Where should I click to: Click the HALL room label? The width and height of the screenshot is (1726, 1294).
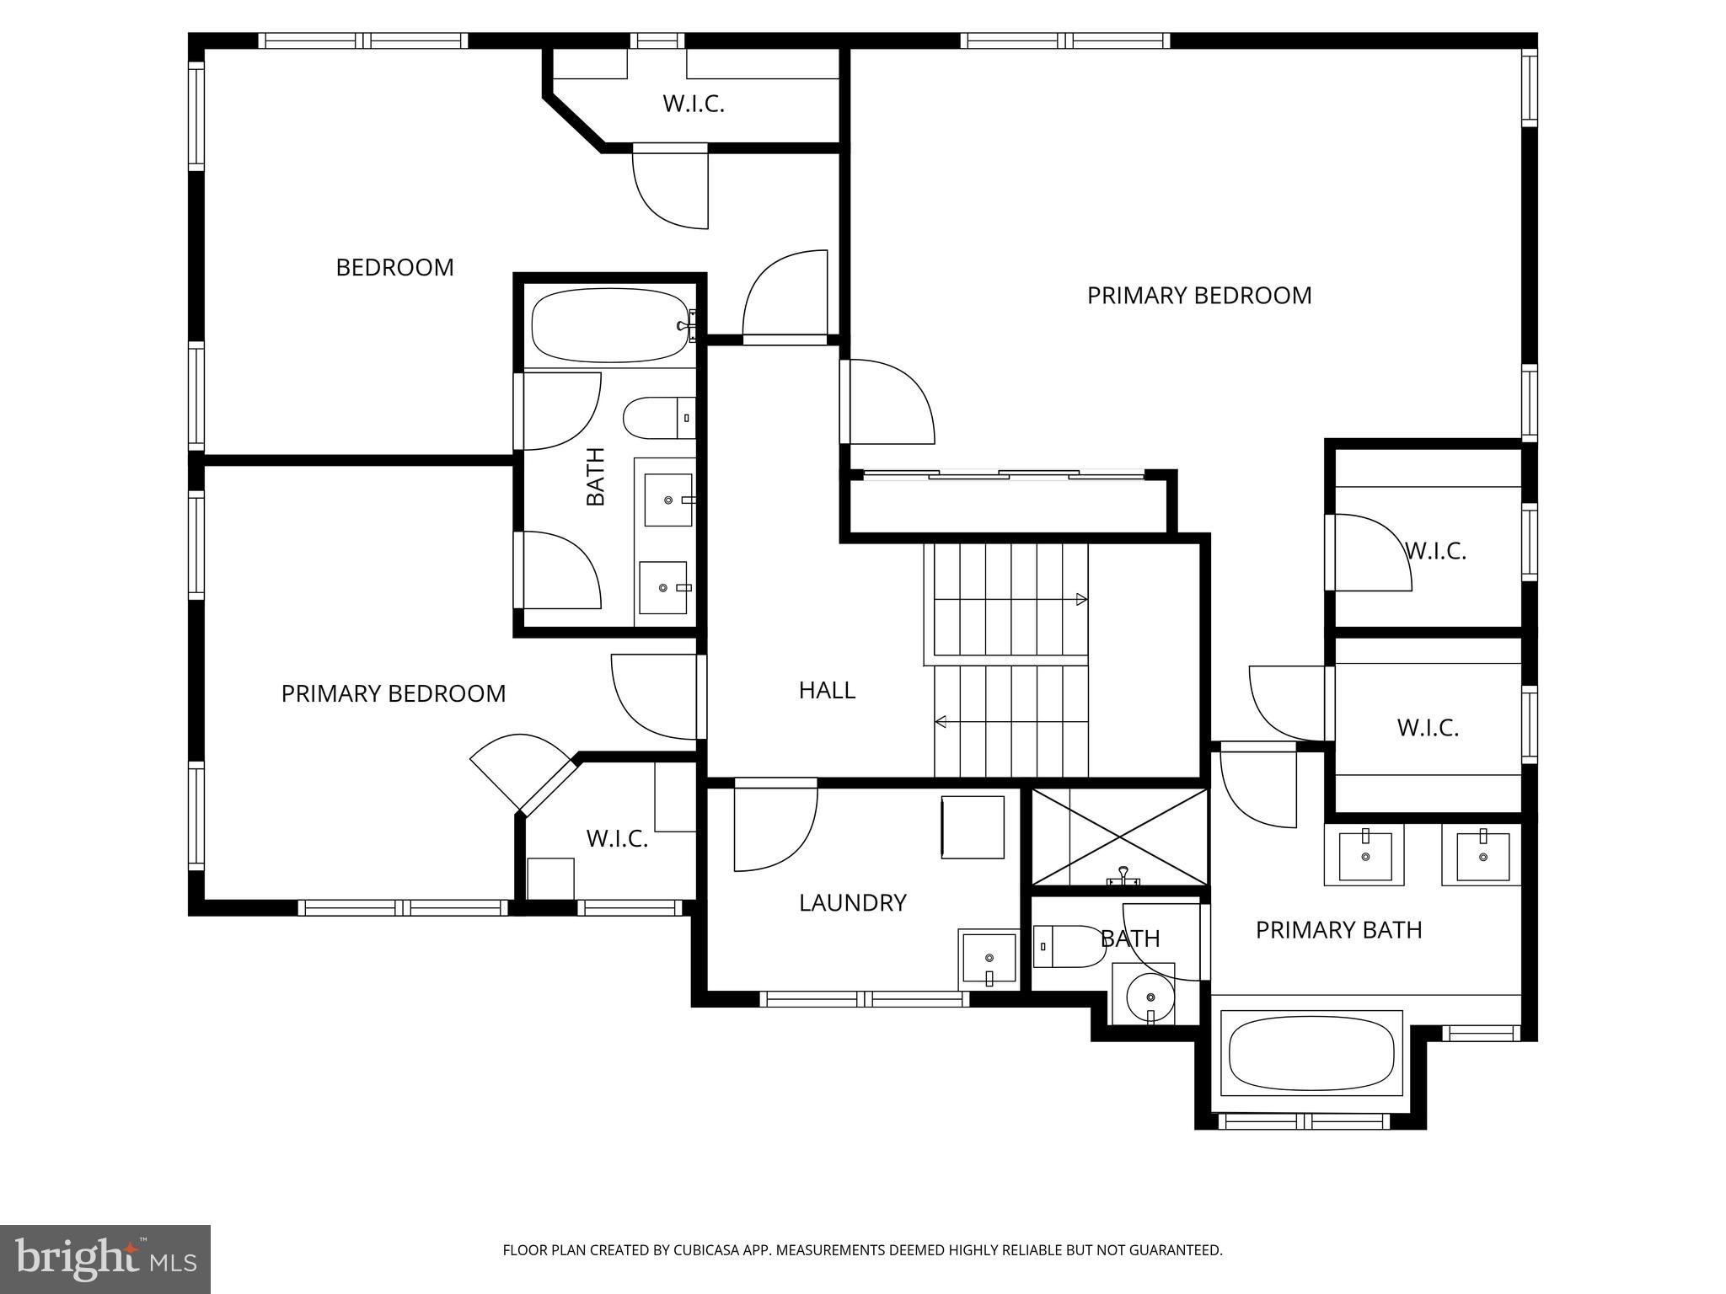[827, 691]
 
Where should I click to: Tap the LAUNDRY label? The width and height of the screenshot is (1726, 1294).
[852, 903]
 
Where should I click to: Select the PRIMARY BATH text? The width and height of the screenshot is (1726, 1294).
[1338, 930]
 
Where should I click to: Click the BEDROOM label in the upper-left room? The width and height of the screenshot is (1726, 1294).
[394, 268]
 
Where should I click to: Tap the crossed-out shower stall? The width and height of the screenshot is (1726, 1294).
[1120, 837]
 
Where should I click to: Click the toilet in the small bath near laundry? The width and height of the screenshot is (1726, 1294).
[1066, 947]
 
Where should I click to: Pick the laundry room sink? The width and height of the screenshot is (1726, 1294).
[989, 959]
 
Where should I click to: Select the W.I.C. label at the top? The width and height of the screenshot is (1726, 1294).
[694, 104]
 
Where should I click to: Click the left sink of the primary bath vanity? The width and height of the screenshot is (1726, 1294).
[1364, 854]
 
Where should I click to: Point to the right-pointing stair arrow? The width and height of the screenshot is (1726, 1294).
[1081, 600]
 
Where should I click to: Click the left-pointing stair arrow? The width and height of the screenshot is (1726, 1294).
[941, 722]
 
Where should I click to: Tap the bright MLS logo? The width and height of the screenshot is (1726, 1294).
[105, 1260]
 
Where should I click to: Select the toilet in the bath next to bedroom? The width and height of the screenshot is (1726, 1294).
[657, 419]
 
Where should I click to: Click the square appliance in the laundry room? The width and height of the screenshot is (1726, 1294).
[973, 827]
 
